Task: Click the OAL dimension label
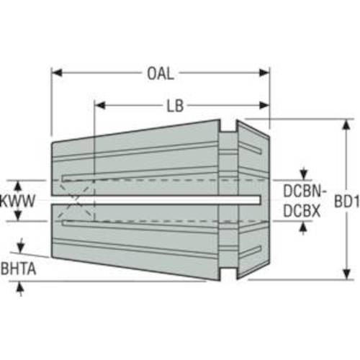tap(160, 73)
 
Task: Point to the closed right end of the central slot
tap(260, 199)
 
